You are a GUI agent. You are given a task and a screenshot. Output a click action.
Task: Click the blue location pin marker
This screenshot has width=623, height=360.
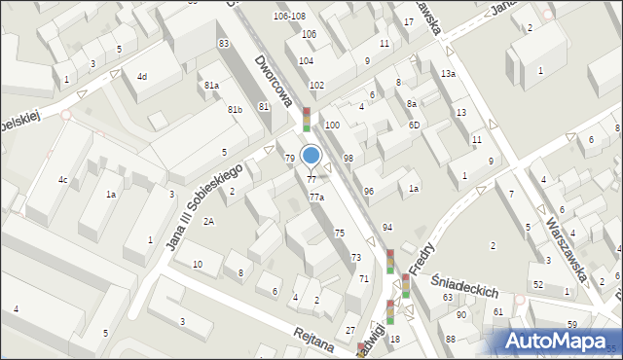tap(311, 156)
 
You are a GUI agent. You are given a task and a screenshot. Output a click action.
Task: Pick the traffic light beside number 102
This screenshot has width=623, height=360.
tap(307, 118)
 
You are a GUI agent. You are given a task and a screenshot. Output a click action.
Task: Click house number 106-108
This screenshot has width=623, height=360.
tap(289, 17)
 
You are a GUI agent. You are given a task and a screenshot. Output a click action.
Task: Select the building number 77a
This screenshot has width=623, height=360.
tap(316, 198)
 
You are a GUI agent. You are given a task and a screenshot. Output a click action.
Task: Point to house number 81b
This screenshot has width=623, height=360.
tap(235, 110)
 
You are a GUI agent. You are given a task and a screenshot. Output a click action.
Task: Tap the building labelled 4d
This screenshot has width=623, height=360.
tap(142, 76)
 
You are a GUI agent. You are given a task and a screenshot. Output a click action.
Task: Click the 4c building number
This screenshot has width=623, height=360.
tap(62, 179)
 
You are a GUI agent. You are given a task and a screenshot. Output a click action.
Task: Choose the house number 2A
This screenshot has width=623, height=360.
tap(208, 222)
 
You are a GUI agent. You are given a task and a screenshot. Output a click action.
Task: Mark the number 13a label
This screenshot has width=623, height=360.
tap(448, 74)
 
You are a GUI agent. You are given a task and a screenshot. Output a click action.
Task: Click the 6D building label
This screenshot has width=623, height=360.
tap(414, 125)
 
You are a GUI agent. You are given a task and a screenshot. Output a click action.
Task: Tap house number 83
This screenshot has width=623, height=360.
tap(224, 44)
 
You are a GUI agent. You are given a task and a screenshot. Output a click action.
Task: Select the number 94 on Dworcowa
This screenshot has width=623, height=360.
tap(387, 227)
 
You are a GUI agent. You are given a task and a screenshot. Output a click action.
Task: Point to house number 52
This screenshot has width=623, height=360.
tap(537, 284)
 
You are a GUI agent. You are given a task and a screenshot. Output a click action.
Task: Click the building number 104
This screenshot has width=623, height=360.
tap(306, 60)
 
